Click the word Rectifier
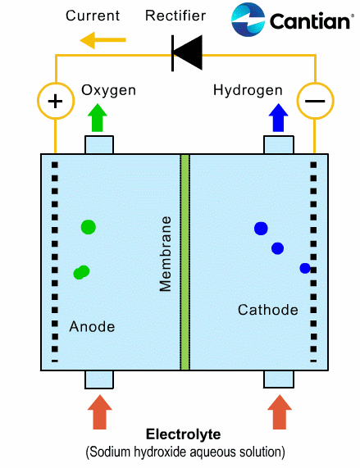pyautogui.click(x=175, y=16)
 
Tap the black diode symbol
pyautogui.click(x=187, y=53)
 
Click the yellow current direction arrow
pyautogui.click(x=103, y=40)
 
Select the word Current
pyautogui.click(x=93, y=16)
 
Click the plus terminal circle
pyautogui.click(x=56, y=101)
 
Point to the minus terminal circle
pyautogui.click(x=315, y=101)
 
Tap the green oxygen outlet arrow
pyautogui.click(x=98, y=117)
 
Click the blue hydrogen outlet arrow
pyautogui.click(x=278, y=117)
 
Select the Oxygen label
pyautogui.click(x=109, y=90)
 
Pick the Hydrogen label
pyautogui.click(x=248, y=90)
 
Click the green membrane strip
pyautogui.click(x=185, y=262)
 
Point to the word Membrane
pyautogui.click(x=166, y=254)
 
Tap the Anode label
pyautogui.click(x=92, y=326)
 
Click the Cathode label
pyautogui.click(x=268, y=310)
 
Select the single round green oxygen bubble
pyautogui.click(x=89, y=227)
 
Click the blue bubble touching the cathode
pyautogui.click(x=305, y=268)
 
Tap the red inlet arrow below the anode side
pyautogui.click(x=100, y=412)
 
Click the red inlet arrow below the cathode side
pyautogui.click(x=280, y=412)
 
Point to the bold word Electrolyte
pyautogui.click(x=184, y=434)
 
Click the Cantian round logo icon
pyautogui.click(x=248, y=20)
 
